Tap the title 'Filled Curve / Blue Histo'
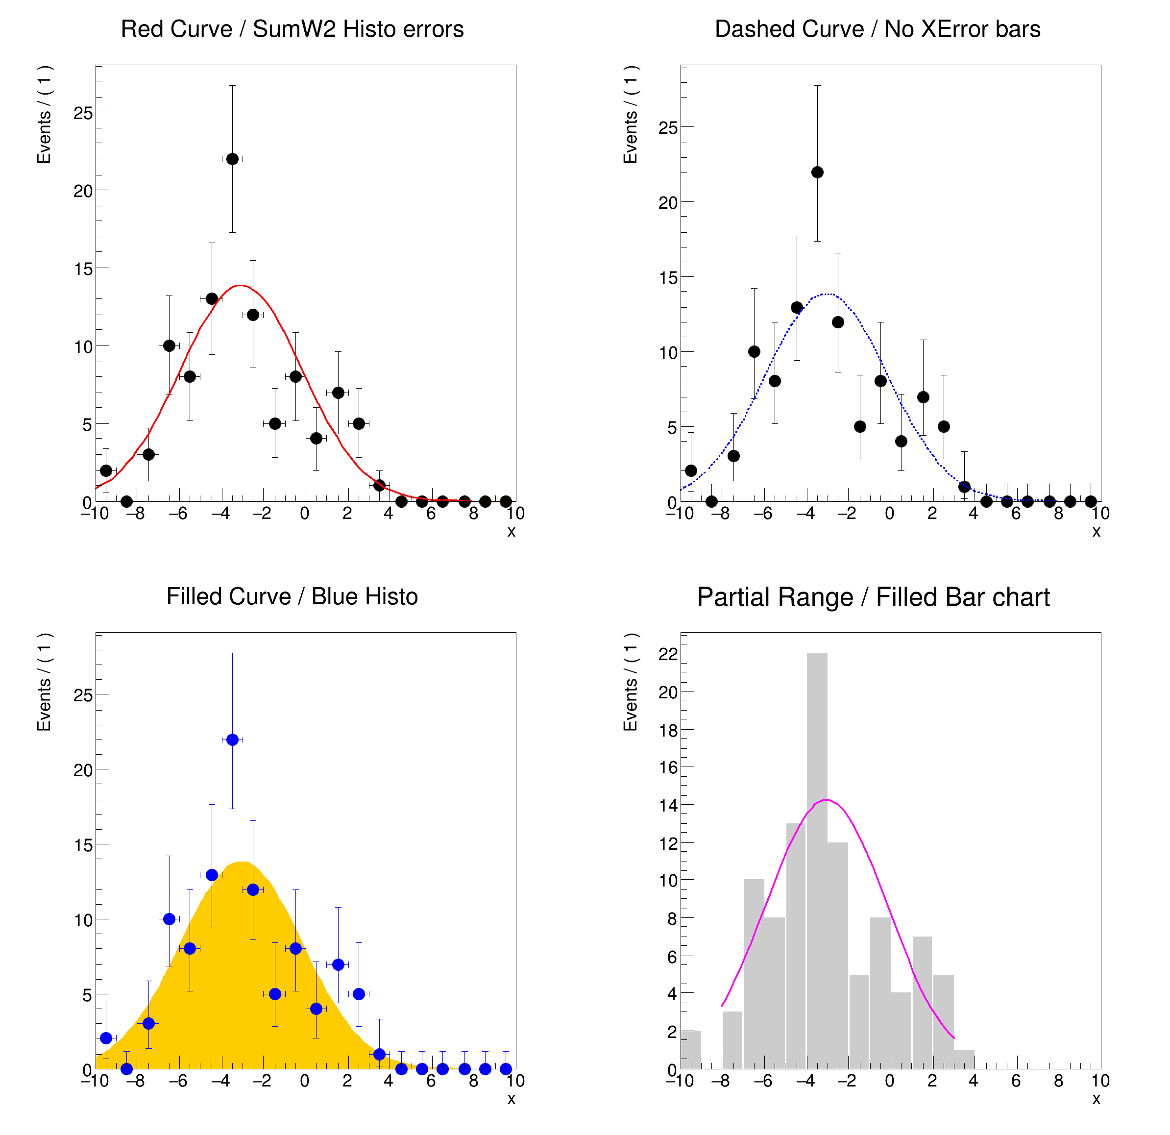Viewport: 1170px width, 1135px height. [x=292, y=596]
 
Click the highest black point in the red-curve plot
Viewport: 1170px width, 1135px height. [x=232, y=159]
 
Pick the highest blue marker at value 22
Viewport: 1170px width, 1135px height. [x=232, y=740]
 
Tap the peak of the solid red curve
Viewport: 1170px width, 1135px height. [x=240, y=285]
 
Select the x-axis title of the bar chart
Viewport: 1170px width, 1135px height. [x=1096, y=1099]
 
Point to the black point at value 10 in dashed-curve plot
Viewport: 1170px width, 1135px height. [x=754, y=352]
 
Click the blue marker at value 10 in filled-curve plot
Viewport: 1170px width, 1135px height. [x=169, y=919]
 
